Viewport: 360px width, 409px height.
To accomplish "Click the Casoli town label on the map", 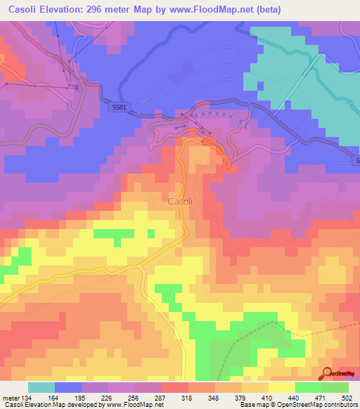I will point(180,201).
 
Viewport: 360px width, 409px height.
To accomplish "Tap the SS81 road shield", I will point(120,106).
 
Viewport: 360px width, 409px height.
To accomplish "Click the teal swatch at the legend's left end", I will point(41,388).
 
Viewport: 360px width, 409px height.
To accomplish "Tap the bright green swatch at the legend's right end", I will point(335,388).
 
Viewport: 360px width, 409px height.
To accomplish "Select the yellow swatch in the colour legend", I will point(281,388).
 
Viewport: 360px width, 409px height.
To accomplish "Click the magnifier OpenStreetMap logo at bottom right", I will point(327,372).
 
